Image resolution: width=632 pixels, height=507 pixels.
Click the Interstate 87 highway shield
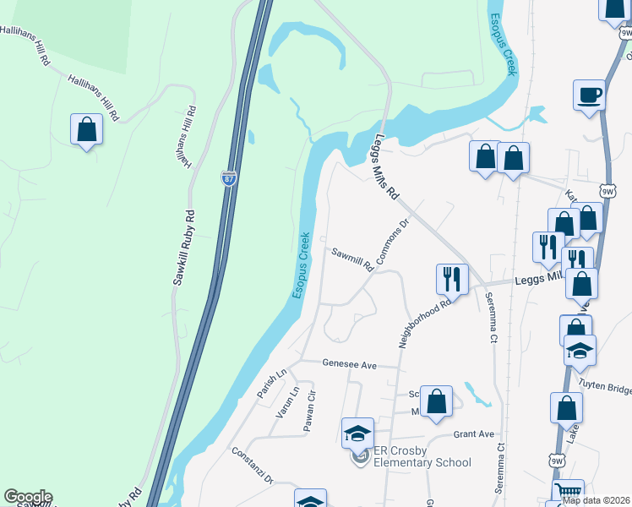coord(228,177)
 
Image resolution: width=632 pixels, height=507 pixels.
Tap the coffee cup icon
coord(588,95)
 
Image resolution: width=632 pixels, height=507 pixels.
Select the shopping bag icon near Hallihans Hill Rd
coord(86,130)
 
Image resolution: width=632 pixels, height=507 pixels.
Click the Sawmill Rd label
coord(352,259)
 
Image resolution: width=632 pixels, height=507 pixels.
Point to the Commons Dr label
coord(392,242)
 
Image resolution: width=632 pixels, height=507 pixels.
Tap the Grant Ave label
coord(473,434)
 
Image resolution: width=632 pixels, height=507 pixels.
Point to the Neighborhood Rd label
coord(425,323)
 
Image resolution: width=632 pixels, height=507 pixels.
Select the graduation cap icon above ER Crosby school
coord(357,434)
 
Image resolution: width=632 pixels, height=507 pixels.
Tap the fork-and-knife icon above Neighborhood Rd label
coord(452,279)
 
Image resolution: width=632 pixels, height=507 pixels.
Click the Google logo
coord(27,497)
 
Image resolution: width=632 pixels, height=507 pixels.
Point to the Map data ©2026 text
coord(596,499)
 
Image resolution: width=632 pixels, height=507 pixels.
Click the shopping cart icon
coord(568,493)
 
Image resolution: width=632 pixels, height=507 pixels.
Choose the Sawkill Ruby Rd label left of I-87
coord(183,247)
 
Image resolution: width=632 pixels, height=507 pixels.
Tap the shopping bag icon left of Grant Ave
coord(436,402)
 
